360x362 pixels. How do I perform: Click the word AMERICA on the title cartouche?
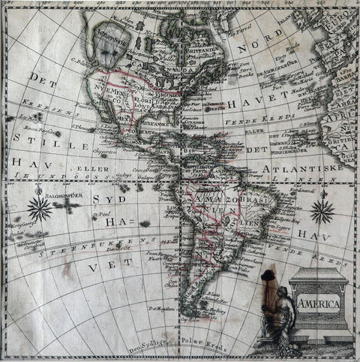click(319, 303)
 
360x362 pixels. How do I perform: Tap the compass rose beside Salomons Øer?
click(39, 208)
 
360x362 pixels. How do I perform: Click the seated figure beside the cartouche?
click(278, 315)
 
